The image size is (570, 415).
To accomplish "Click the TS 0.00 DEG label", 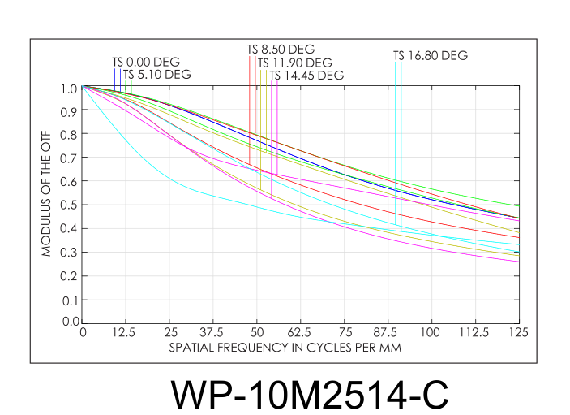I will pyautogui.click(x=146, y=62).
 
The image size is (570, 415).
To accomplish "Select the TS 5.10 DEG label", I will pyautogui.click(x=157, y=75).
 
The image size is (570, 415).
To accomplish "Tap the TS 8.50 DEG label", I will pyautogui.click(x=281, y=50).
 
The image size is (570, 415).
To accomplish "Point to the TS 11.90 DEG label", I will pyautogui.click(x=294, y=63).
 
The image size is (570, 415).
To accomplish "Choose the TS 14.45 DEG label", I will pyautogui.click(x=306, y=76).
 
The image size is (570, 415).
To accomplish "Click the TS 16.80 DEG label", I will pyautogui.click(x=431, y=56).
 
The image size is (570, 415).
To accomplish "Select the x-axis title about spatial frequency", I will pyautogui.click(x=285, y=347).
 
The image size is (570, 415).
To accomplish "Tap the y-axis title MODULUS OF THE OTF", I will pyautogui.click(x=47, y=204).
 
